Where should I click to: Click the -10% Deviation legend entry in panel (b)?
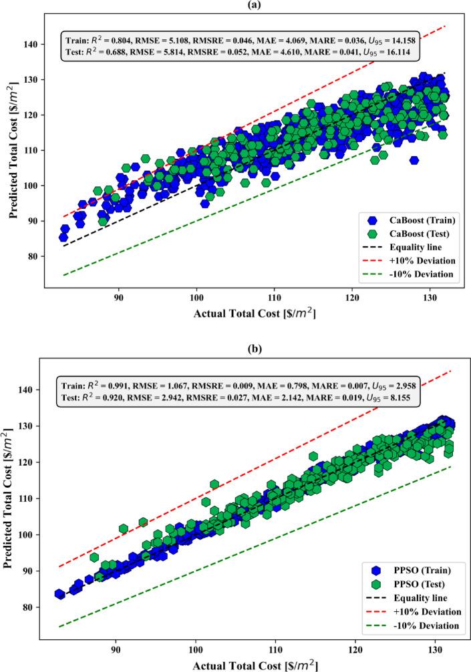click(x=405, y=625)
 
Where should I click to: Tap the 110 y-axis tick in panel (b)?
click(x=32, y=498)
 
